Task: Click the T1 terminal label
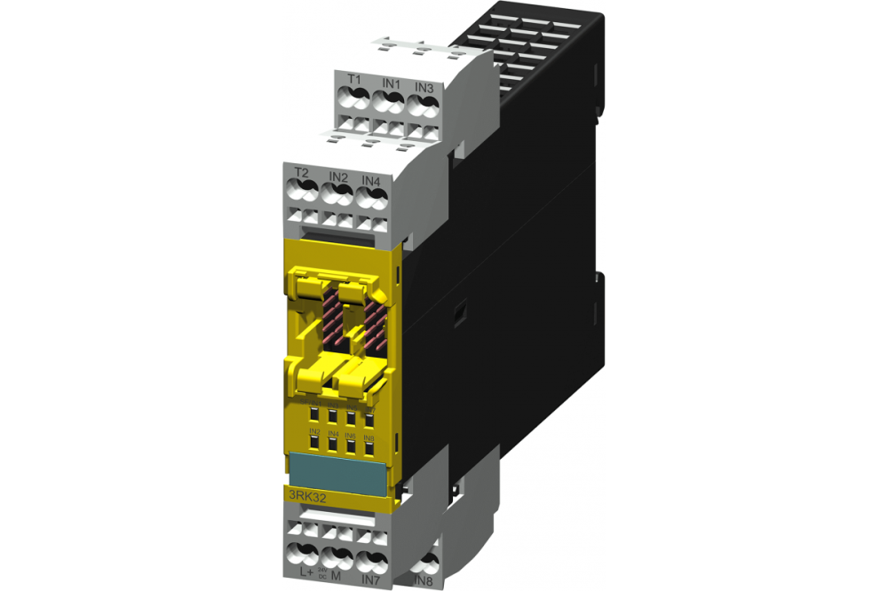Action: click(354, 80)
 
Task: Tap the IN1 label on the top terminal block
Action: click(391, 83)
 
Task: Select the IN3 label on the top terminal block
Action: click(424, 88)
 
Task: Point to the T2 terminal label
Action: click(301, 172)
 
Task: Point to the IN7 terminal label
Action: click(371, 579)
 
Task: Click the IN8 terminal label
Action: click(424, 581)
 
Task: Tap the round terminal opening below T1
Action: click(354, 99)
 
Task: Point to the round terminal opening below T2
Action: click(301, 190)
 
